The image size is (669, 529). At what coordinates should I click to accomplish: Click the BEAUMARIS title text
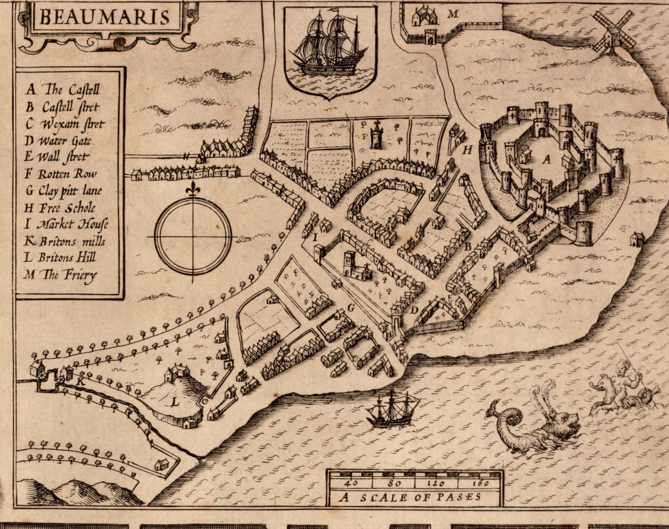[104, 17]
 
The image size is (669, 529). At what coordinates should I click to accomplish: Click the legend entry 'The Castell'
[63, 89]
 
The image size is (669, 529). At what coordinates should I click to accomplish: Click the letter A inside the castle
[546, 160]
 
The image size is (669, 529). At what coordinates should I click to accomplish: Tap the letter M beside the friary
[452, 14]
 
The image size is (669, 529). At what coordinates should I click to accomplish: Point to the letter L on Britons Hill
[175, 403]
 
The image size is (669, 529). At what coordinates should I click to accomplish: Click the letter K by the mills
[81, 382]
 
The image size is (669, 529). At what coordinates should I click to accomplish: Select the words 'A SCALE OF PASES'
[410, 498]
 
